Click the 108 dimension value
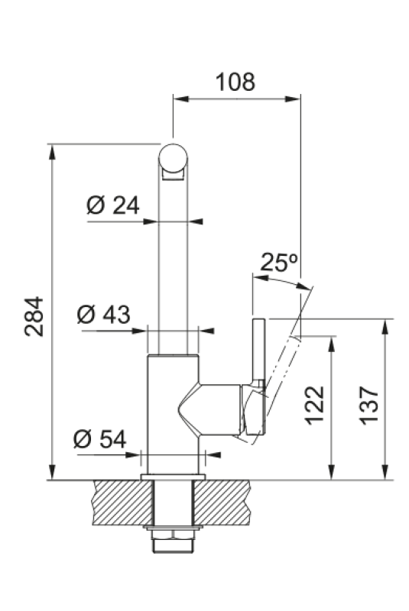(x=235, y=82)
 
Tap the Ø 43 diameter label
(x=104, y=314)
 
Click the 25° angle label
(x=279, y=263)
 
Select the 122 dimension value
(x=314, y=405)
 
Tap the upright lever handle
(x=257, y=351)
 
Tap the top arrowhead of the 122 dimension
(x=331, y=342)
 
